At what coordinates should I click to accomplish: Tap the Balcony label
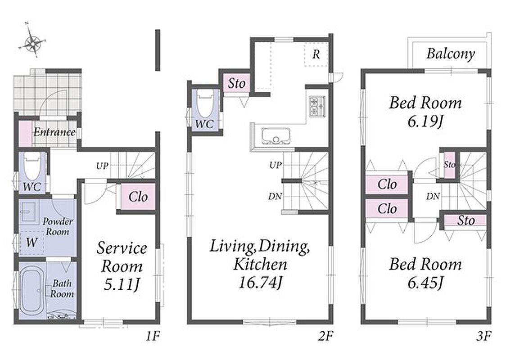[x=451, y=54]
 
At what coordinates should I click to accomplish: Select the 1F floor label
[x=153, y=337]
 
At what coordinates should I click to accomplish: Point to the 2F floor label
[x=325, y=337]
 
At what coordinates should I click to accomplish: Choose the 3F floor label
[x=483, y=337]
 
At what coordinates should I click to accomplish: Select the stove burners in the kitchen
[x=317, y=106]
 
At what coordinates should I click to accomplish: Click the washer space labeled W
[x=32, y=243]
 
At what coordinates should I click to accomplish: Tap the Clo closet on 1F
[x=138, y=197]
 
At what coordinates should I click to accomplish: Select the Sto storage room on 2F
[x=236, y=84]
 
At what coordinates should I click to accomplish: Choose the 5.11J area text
[x=122, y=284]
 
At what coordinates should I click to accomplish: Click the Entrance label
[x=54, y=132]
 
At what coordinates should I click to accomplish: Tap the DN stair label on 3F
[x=433, y=196]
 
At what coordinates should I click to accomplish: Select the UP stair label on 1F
[x=102, y=166]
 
